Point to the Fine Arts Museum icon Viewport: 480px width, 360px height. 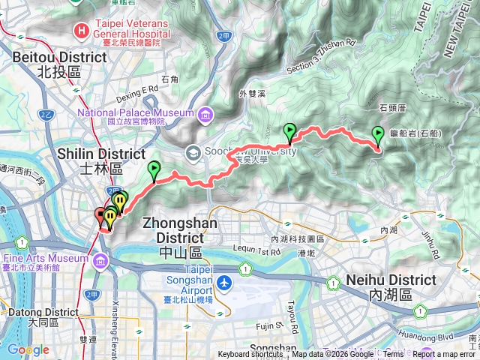pyautogui.click(x=100, y=261)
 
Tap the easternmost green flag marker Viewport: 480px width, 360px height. pyautogui.click(x=377, y=135)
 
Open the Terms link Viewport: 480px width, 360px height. pyautogui.click(x=393, y=355)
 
